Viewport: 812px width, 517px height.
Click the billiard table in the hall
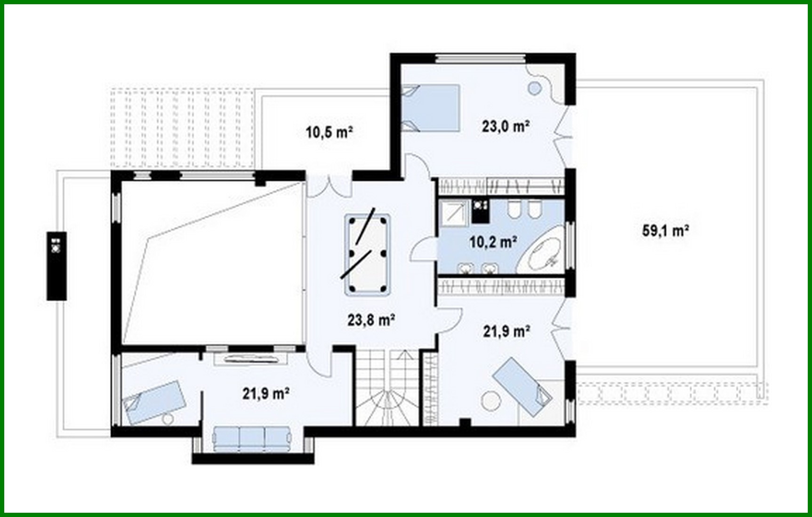click(x=367, y=254)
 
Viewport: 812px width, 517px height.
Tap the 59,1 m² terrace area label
click(x=665, y=231)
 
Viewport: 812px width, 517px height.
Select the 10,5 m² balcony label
click(x=329, y=132)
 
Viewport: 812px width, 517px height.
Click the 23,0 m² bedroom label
click(x=506, y=126)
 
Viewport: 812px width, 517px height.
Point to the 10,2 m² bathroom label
click(x=493, y=242)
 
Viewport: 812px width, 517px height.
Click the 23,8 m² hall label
click(x=371, y=320)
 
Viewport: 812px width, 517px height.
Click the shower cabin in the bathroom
click(x=454, y=212)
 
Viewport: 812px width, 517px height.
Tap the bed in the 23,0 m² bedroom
click(x=431, y=108)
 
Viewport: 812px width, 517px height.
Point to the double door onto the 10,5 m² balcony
click(x=329, y=187)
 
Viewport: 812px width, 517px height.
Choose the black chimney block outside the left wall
click(x=56, y=266)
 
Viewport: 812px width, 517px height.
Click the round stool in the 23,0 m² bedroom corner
click(x=534, y=88)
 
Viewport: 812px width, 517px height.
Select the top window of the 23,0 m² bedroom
click(x=480, y=58)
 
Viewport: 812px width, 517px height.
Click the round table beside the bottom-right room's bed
click(x=492, y=402)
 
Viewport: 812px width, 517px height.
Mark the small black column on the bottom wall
click(x=465, y=422)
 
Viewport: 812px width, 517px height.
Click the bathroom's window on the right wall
click(x=571, y=246)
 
